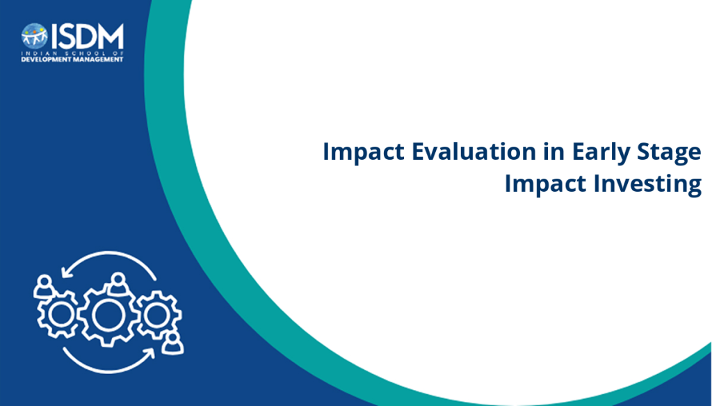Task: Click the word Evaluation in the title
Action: point(474,152)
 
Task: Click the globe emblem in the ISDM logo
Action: point(35,36)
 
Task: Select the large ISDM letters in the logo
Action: point(87,36)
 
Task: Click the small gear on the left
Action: point(58,315)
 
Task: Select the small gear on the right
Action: point(158,315)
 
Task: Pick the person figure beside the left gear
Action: point(44,286)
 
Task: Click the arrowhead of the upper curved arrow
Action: point(66,272)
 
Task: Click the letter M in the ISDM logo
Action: point(109,36)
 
